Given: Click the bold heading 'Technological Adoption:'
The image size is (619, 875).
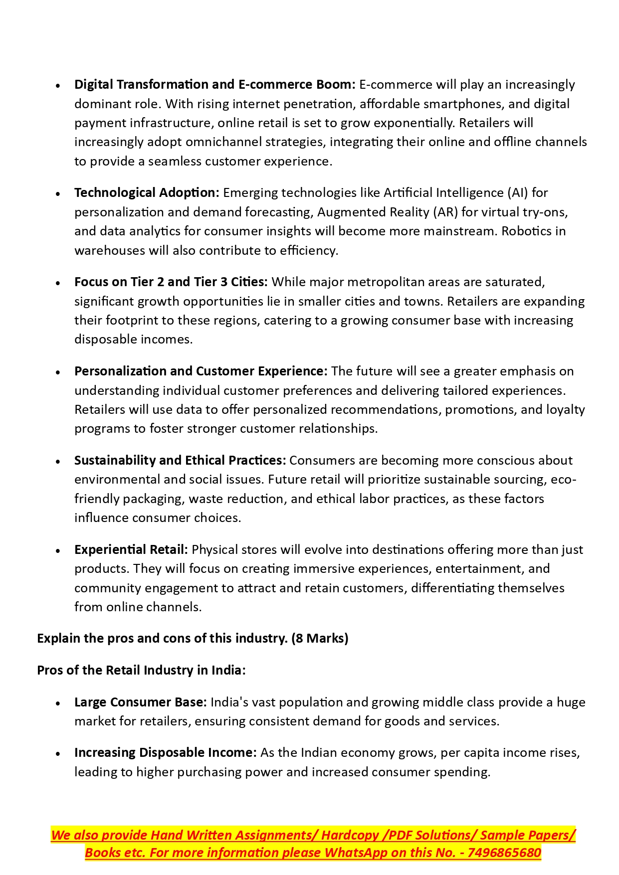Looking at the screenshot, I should pos(147,193).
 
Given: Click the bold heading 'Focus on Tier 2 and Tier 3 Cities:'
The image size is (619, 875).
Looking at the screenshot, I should pos(171,282).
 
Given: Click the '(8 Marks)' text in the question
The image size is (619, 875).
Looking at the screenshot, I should pos(320,638).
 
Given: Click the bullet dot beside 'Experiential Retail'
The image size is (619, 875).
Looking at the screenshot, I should pos(58,551).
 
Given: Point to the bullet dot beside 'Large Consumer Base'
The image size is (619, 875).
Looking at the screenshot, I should pos(58,703).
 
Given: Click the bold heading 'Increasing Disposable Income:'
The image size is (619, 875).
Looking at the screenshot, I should pos(165,752).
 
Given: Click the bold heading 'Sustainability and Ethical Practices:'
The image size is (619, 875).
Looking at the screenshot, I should pos(180,460).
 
